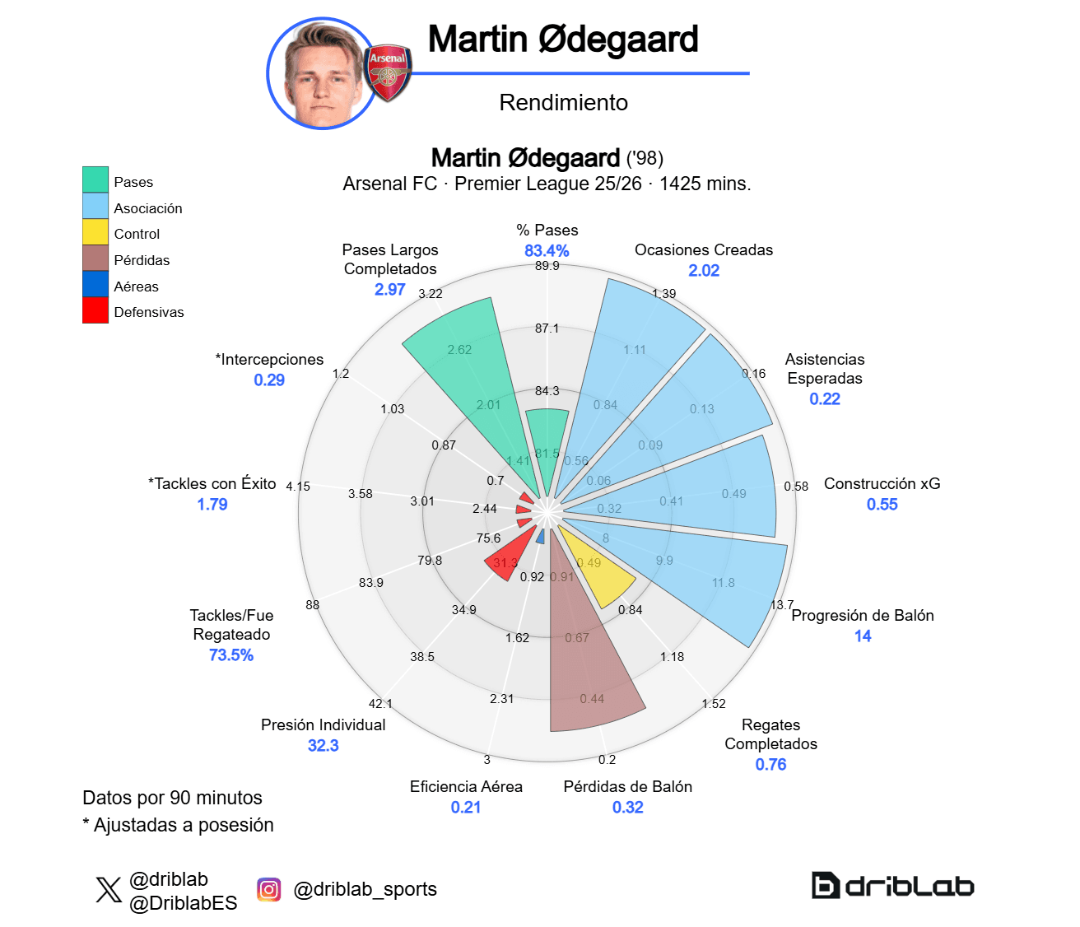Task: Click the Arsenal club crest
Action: (388, 72)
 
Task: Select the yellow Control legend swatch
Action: (95, 234)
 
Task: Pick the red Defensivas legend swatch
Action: (95, 311)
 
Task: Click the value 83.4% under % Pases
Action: (547, 250)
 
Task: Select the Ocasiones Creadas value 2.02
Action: (704, 270)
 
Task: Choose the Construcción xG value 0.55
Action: (882, 504)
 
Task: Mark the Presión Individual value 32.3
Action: (323, 745)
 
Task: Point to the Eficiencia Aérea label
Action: (466, 786)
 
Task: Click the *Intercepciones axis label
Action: (269, 359)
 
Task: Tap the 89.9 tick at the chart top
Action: (547, 266)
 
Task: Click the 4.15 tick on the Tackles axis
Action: (298, 487)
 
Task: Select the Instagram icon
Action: (268, 890)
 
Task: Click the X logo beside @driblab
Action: (108, 890)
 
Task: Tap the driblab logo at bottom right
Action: (892, 886)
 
